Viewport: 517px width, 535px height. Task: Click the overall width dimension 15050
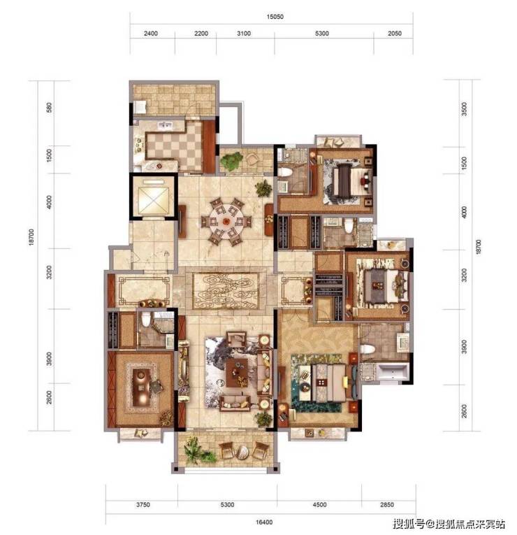pos(275,17)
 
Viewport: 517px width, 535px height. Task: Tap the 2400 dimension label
pos(151,34)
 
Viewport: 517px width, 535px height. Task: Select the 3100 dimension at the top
pos(244,34)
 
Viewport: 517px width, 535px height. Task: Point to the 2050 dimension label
pos(394,34)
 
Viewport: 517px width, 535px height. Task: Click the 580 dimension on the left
pos(50,108)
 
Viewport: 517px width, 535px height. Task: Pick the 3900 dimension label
pos(50,359)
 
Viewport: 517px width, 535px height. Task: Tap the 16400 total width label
pos(264,522)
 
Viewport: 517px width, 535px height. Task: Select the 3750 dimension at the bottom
pos(143,505)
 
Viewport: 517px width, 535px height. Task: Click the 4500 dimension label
pos(319,505)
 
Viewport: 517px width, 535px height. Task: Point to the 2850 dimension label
pos(387,505)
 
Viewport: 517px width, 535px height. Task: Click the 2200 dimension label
pos(201,34)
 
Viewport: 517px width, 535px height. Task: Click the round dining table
pos(226,222)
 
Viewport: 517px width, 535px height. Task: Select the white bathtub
pos(393,372)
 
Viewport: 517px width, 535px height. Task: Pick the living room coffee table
pos(237,372)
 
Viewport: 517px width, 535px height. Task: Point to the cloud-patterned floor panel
pos(226,290)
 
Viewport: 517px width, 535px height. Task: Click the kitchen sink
pos(166,125)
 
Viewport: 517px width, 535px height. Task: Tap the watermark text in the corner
pos(449,523)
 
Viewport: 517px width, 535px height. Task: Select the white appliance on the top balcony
pos(140,107)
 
